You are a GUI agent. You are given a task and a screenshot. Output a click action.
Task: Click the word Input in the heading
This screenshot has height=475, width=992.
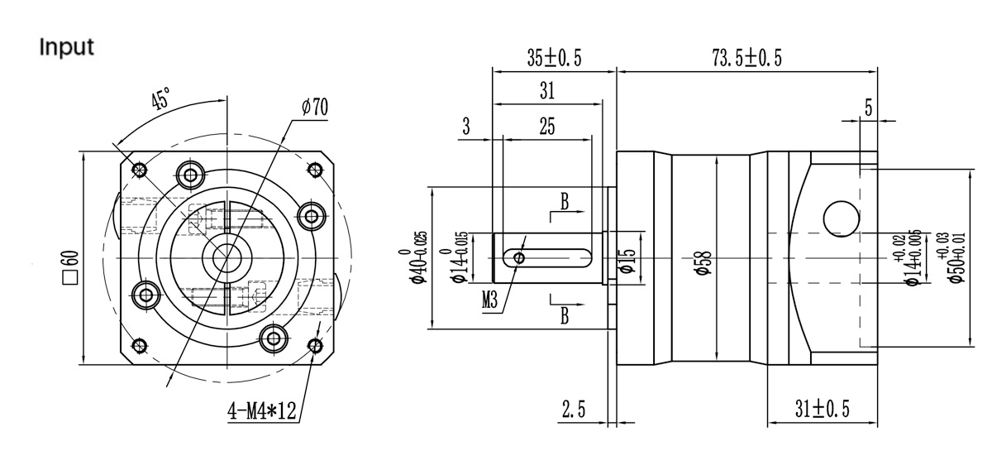coord(67,47)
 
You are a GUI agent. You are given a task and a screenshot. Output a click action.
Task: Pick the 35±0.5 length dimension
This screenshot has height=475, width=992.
coord(554,57)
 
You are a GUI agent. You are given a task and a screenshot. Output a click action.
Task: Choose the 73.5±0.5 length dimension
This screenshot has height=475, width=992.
coord(746,57)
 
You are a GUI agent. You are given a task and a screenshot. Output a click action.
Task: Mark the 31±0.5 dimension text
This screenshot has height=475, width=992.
coord(822,408)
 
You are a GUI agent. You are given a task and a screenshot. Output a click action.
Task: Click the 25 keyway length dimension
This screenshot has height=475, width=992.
coord(546,126)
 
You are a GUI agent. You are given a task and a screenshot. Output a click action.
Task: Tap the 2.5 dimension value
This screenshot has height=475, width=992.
coord(574,408)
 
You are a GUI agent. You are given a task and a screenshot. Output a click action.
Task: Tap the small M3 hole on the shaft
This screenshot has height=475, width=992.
coord(518,258)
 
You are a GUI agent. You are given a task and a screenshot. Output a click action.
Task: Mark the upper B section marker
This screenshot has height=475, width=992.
coord(564,201)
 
